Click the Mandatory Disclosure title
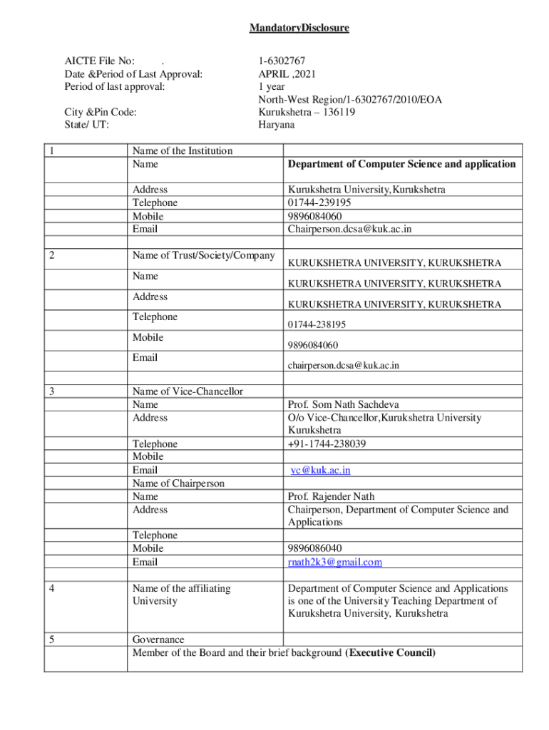point(299,29)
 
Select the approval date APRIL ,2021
point(287,73)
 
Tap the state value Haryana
point(276,125)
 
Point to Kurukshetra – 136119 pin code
point(307,112)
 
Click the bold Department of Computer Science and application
point(401,164)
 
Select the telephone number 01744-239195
point(319,202)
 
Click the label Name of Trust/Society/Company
point(203,256)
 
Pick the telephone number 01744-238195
point(317,324)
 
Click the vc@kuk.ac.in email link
point(320,471)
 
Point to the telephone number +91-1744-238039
point(327,443)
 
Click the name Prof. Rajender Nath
point(331,496)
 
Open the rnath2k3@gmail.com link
point(334,562)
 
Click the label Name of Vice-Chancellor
point(188,391)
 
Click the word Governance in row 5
point(158,639)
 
